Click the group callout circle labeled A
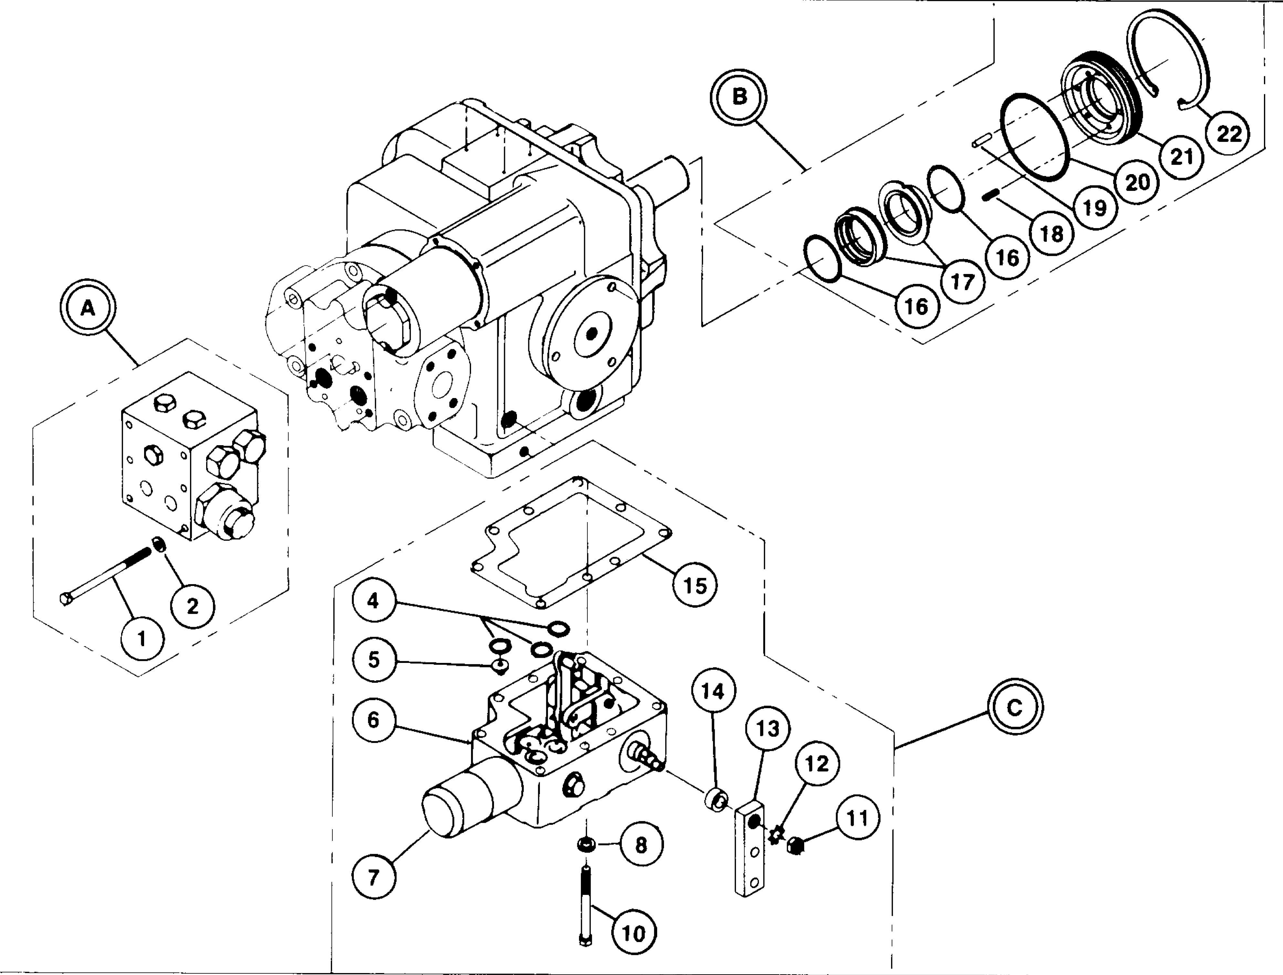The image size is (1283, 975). click(x=88, y=308)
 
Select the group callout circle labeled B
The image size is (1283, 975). click(x=739, y=97)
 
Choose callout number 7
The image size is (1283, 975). click(x=374, y=876)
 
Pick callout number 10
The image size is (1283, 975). click(x=634, y=933)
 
